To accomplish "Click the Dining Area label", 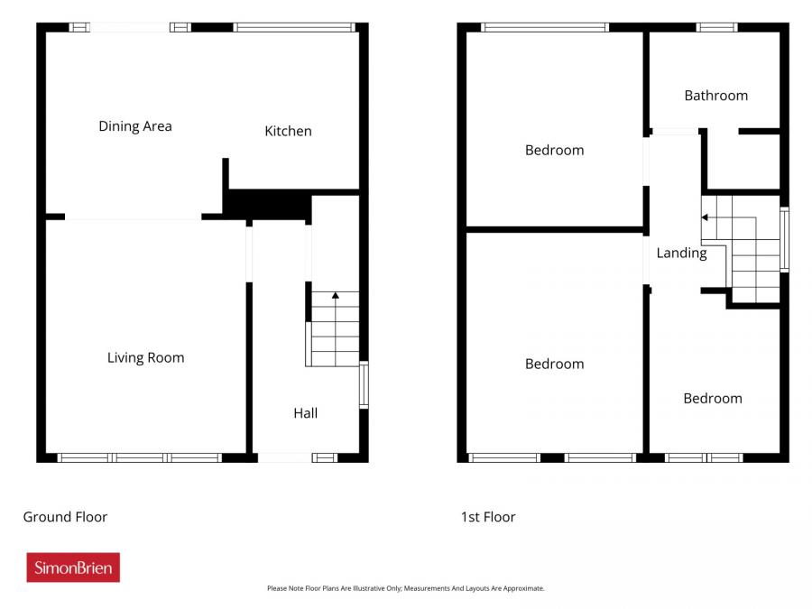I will tap(135, 126).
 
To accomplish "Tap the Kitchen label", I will tap(288, 131).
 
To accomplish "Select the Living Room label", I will tap(145, 357).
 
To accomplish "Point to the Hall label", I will tap(305, 413).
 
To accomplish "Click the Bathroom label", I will tap(715, 95).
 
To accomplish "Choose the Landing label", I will tap(681, 253).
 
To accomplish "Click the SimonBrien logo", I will tap(73, 567).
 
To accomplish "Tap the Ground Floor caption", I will tap(65, 517).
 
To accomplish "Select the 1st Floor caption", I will tap(488, 517).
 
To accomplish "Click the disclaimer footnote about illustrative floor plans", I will tap(405, 588).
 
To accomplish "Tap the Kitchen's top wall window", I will tap(296, 27).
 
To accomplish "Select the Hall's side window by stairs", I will tap(364, 384).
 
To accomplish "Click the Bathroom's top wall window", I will tap(717, 27).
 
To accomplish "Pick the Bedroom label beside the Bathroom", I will tap(554, 150).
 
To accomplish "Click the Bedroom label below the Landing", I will tap(712, 398).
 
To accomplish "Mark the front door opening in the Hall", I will tap(283, 457).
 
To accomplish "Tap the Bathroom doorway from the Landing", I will tap(674, 132).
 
